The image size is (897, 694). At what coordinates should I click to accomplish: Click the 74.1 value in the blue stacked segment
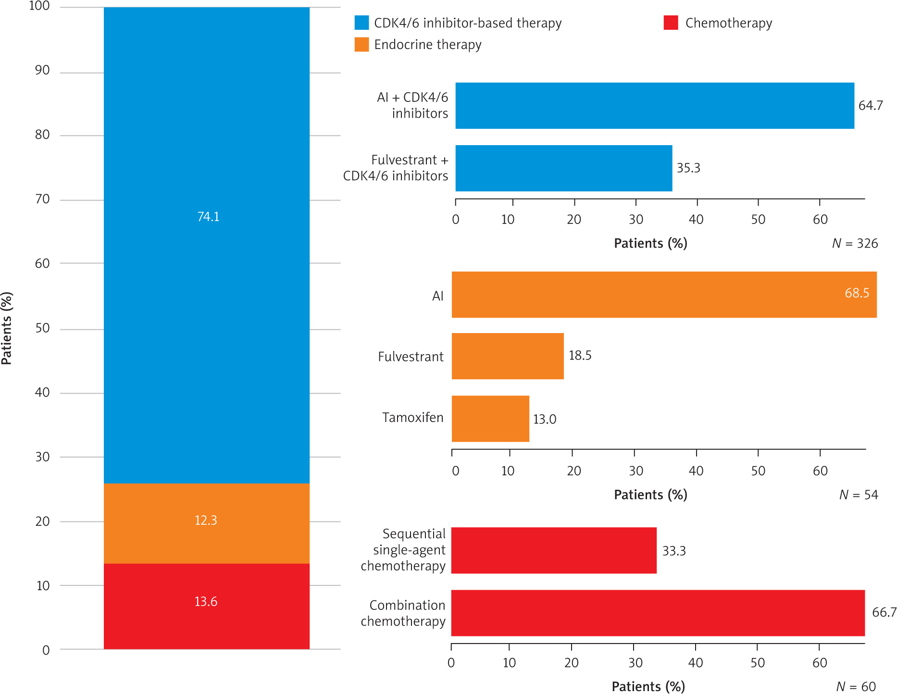point(208,217)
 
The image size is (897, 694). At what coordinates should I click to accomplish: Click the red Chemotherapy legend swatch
point(671,23)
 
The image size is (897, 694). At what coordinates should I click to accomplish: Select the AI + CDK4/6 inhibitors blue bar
point(654,106)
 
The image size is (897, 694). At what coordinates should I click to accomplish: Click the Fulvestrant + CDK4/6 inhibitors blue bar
point(563,168)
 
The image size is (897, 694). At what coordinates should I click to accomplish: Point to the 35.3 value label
point(688,168)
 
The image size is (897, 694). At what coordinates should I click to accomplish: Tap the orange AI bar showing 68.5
point(663,295)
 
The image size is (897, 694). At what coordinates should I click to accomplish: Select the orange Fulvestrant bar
point(508,356)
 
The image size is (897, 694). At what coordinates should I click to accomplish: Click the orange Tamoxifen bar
point(490,419)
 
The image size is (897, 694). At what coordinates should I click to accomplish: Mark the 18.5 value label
point(580,356)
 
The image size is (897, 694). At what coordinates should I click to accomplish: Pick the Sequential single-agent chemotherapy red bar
point(554,550)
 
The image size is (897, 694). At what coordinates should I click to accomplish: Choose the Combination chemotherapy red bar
point(658,613)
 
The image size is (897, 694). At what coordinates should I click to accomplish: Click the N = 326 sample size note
point(855,244)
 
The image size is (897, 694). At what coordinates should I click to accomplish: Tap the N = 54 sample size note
point(859,495)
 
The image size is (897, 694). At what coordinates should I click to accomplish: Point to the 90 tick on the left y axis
point(42,71)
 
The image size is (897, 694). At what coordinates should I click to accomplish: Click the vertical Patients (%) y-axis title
point(7,328)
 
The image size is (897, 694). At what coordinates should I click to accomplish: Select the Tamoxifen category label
point(412,418)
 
